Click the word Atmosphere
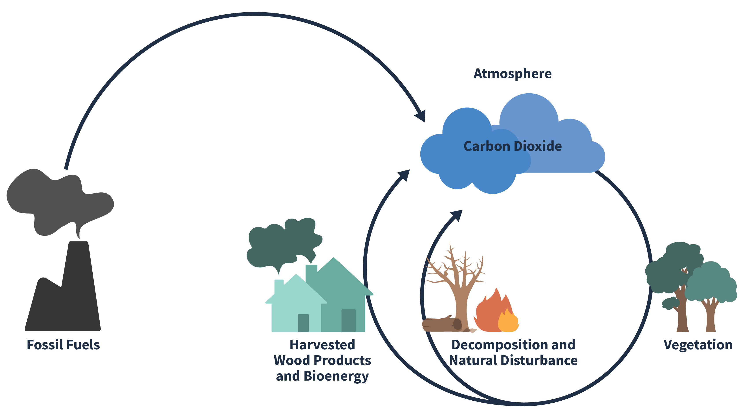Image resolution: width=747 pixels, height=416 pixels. pyautogui.click(x=512, y=74)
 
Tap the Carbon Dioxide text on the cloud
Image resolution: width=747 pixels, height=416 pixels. pyautogui.click(x=512, y=146)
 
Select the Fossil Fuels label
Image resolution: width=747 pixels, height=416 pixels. pyautogui.click(x=63, y=345)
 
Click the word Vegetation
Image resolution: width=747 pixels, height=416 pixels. pyautogui.click(x=698, y=345)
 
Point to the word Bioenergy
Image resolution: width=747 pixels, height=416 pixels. pyautogui.click(x=336, y=376)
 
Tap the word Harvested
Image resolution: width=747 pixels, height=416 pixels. pyautogui.click(x=322, y=345)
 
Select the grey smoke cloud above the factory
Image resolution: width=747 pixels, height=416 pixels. pyautogui.click(x=58, y=200)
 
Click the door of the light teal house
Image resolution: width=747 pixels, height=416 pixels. pyautogui.click(x=303, y=323)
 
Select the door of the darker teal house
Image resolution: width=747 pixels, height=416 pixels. pyautogui.click(x=348, y=320)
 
